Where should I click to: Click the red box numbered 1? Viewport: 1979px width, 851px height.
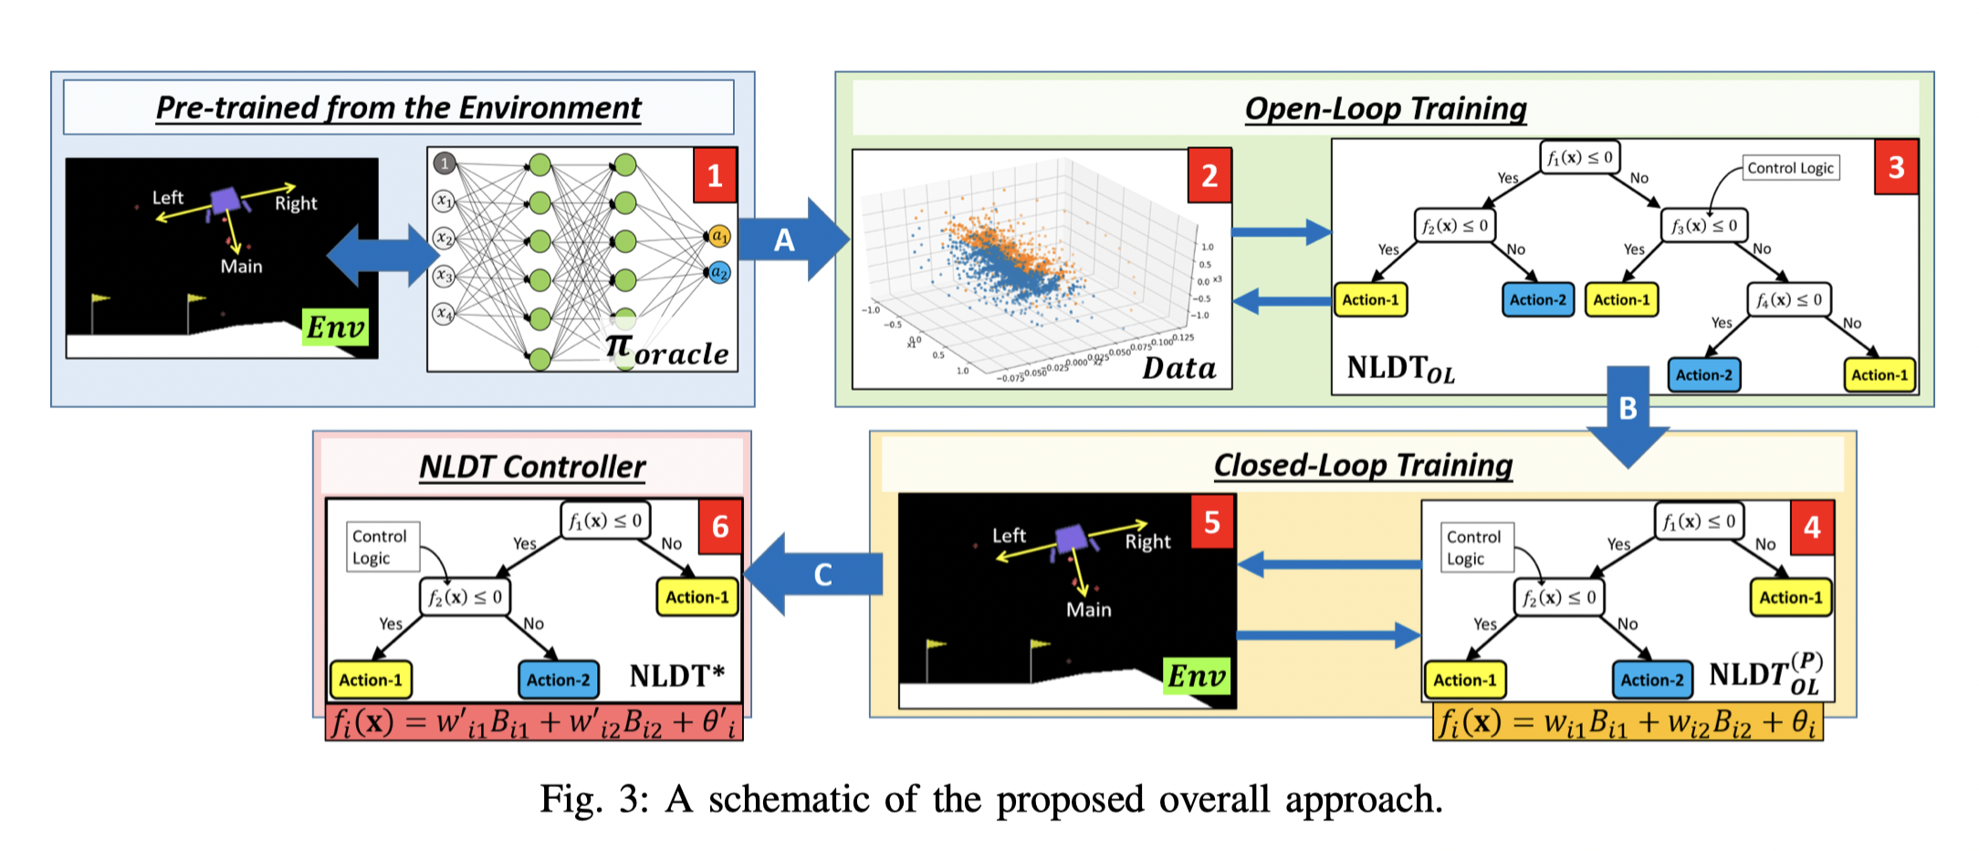click(x=715, y=175)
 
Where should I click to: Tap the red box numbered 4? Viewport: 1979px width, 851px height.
click(x=1812, y=527)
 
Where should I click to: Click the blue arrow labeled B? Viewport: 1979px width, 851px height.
click(x=1628, y=415)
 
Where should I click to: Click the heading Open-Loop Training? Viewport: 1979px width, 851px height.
click(x=1385, y=109)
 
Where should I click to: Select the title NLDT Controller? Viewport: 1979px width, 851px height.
click(x=532, y=467)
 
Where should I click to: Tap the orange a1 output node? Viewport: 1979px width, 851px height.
click(x=719, y=236)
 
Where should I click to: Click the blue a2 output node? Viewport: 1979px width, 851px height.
click(x=719, y=272)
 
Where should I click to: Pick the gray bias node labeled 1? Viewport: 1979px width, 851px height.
click(x=445, y=163)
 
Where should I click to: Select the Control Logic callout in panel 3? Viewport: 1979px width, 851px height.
click(x=1790, y=168)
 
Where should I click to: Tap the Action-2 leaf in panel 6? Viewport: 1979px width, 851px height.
click(x=558, y=679)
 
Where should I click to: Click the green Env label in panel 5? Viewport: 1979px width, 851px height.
click(x=1197, y=676)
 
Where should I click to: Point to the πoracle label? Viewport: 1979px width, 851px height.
click(x=667, y=351)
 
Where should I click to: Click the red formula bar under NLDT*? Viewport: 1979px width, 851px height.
click(x=534, y=722)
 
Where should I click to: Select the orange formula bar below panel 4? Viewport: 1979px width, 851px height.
click(x=1628, y=723)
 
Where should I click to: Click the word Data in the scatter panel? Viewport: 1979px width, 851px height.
click(x=1178, y=368)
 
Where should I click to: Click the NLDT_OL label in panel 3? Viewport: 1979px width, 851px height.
click(x=1400, y=368)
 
